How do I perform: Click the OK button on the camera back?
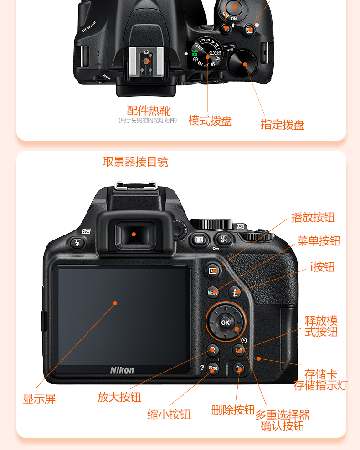[226, 322]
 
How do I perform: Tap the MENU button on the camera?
[212, 292]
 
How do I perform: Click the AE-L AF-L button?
[224, 240]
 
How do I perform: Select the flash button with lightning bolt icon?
[77, 243]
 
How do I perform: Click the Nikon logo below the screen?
[122, 370]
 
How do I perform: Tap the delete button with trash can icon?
[239, 369]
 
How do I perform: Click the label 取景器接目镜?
[135, 162]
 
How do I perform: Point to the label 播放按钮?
[313, 217]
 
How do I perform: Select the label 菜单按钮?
[319, 241]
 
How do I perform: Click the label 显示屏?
[39, 399]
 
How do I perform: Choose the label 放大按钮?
[119, 397]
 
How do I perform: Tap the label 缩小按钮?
[169, 414]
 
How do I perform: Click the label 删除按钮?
[233, 410]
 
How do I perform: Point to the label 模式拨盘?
[210, 121]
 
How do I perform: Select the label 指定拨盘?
[282, 125]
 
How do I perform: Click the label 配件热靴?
[149, 111]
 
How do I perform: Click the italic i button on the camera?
[235, 292]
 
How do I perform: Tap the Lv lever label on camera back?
[240, 226]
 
